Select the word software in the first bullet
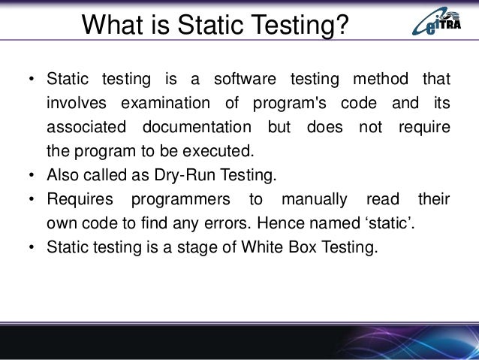coord(243,79)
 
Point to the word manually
coord(314,199)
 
